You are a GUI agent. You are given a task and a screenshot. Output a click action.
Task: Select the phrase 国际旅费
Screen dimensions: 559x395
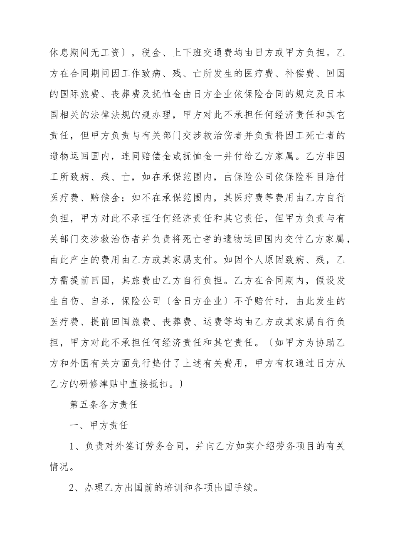click(81, 94)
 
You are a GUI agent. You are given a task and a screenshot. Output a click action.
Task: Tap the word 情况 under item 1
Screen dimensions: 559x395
click(60, 467)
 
